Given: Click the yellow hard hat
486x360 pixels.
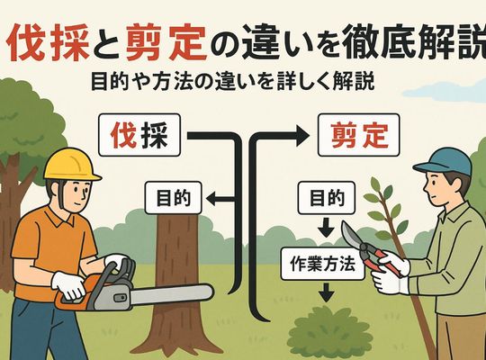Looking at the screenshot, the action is [71, 165].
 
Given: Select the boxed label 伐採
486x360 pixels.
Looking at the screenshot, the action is [139, 135].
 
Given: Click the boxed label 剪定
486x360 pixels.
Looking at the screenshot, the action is [359, 135].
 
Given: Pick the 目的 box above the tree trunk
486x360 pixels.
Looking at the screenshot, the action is [174, 198].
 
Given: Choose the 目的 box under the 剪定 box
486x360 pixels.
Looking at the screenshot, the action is [327, 198].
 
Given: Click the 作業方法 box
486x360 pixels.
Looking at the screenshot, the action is [322, 264].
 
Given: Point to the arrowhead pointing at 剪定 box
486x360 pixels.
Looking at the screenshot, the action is [302, 135].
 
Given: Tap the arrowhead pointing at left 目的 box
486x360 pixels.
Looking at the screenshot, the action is [211, 198].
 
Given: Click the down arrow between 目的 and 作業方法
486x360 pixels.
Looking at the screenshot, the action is [326, 228].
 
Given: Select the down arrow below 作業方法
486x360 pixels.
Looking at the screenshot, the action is [327, 292].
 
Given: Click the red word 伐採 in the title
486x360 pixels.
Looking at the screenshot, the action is [48, 44].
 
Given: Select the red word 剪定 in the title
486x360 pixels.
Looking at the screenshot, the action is [166, 44].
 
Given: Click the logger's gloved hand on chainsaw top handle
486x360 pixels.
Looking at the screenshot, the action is [115, 260].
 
